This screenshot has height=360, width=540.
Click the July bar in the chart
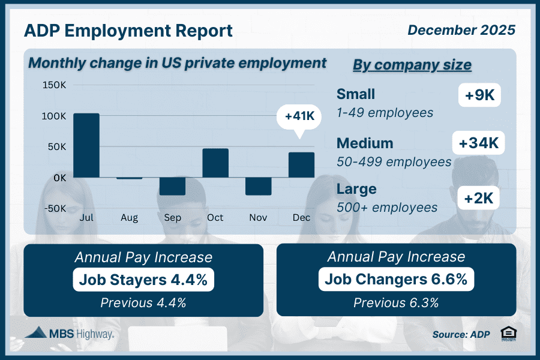click(86, 145)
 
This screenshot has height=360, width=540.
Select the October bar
click(215, 163)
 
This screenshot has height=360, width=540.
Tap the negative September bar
click(173, 186)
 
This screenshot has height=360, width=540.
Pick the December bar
click(301, 165)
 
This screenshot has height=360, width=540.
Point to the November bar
click(258, 186)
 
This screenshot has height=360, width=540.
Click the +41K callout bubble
click(299, 115)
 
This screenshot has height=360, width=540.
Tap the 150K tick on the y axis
click(54, 85)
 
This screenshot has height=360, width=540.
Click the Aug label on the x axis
click(129, 218)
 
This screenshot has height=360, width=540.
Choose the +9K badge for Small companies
click(479, 95)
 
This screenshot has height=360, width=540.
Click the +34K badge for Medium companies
click(478, 144)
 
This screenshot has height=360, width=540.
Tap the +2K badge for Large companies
click(479, 197)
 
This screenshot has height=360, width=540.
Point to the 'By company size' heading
click(412, 65)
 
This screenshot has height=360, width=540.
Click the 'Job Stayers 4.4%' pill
click(143, 280)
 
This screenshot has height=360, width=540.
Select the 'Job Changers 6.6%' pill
click(396, 280)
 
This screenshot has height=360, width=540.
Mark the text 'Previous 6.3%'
click(396, 302)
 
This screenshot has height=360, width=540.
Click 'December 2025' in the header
click(461, 29)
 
